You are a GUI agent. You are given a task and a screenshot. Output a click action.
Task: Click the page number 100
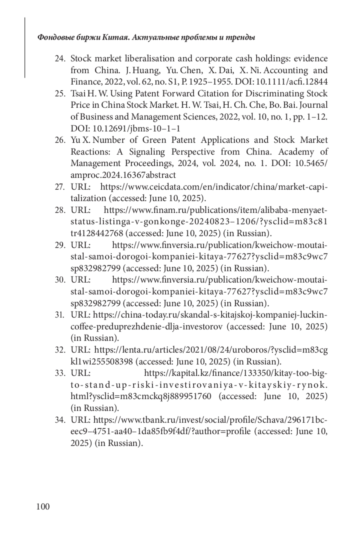[43, 507]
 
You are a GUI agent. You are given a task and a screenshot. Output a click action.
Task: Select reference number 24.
[60, 58]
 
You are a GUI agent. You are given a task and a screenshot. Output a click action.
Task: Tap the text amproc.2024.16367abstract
[123, 175]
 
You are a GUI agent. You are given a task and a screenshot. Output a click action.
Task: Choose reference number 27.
[60, 187]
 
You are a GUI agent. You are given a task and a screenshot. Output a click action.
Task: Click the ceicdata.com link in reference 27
[214, 187]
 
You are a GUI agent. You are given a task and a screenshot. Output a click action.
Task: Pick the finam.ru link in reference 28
[215, 210]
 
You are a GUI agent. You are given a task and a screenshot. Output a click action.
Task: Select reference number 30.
[60, 280]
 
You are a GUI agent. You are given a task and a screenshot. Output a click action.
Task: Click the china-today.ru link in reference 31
[210, 315]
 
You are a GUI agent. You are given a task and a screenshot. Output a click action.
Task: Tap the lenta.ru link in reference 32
[211, 350]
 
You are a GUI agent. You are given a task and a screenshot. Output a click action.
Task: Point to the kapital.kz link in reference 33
[236, 373]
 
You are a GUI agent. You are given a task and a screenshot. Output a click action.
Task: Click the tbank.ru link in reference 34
[210, 420]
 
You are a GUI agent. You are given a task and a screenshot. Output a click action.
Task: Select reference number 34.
[60, 420]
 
